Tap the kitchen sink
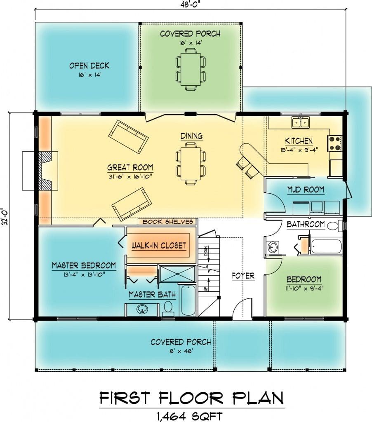click(301, 122)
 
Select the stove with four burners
click(334, 143)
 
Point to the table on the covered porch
click(191, 70)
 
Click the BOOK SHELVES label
click(168, 222)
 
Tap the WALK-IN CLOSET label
click(159, 246)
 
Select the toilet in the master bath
click(168, 309)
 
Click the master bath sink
click(142, 309)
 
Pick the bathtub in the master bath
click(188, 300)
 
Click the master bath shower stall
click(178, 274)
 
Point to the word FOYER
click(243, 276)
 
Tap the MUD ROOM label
click(306, 190)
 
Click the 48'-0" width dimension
click(191, 5)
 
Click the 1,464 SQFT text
click(190, 416)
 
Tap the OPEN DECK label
click(89, 66)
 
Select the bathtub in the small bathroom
click(326, 246)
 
